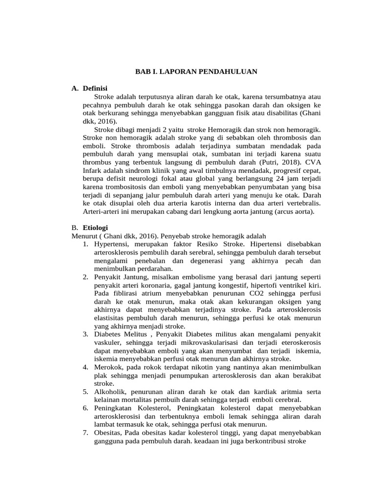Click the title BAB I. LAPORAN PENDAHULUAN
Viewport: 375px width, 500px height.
point(196,71)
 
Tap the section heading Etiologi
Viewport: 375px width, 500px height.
point(95,228)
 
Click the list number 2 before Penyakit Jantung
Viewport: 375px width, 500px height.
point(85,277)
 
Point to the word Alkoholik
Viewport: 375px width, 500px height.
point(110,392)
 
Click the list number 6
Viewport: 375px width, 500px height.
point(85,408)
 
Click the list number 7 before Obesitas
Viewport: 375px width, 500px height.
point(85,433)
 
